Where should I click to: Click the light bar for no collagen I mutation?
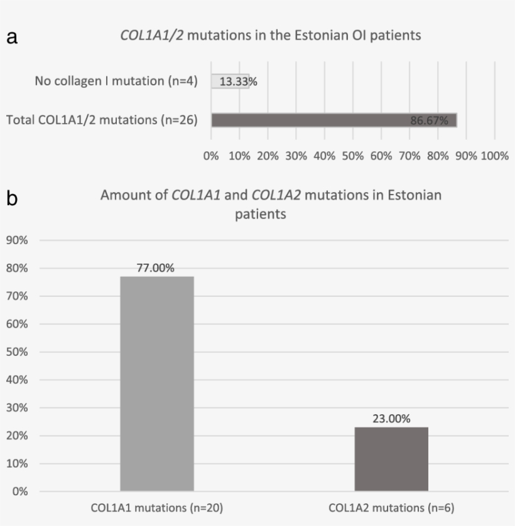(x=230, y=81)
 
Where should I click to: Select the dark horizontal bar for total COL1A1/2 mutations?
(x=333, y=120)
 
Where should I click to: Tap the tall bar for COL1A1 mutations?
(x=156, y=383)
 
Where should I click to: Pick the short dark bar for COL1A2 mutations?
(x=391, y=459)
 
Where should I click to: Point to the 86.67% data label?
(x=429, y=121)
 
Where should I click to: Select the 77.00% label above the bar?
(x=156, y=268)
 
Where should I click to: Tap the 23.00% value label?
(x=391, y=419)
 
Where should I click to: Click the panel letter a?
(x=11, y=38)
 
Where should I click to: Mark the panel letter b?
(x=12, y=199)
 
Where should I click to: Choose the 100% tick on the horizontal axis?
(x=495, y=156)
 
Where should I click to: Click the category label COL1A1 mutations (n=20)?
(x=156, y=508)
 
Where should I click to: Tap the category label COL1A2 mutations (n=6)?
(x=391, y=508)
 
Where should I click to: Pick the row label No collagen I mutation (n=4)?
(x=116, y=81)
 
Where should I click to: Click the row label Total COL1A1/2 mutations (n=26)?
(x=102, y=120)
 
